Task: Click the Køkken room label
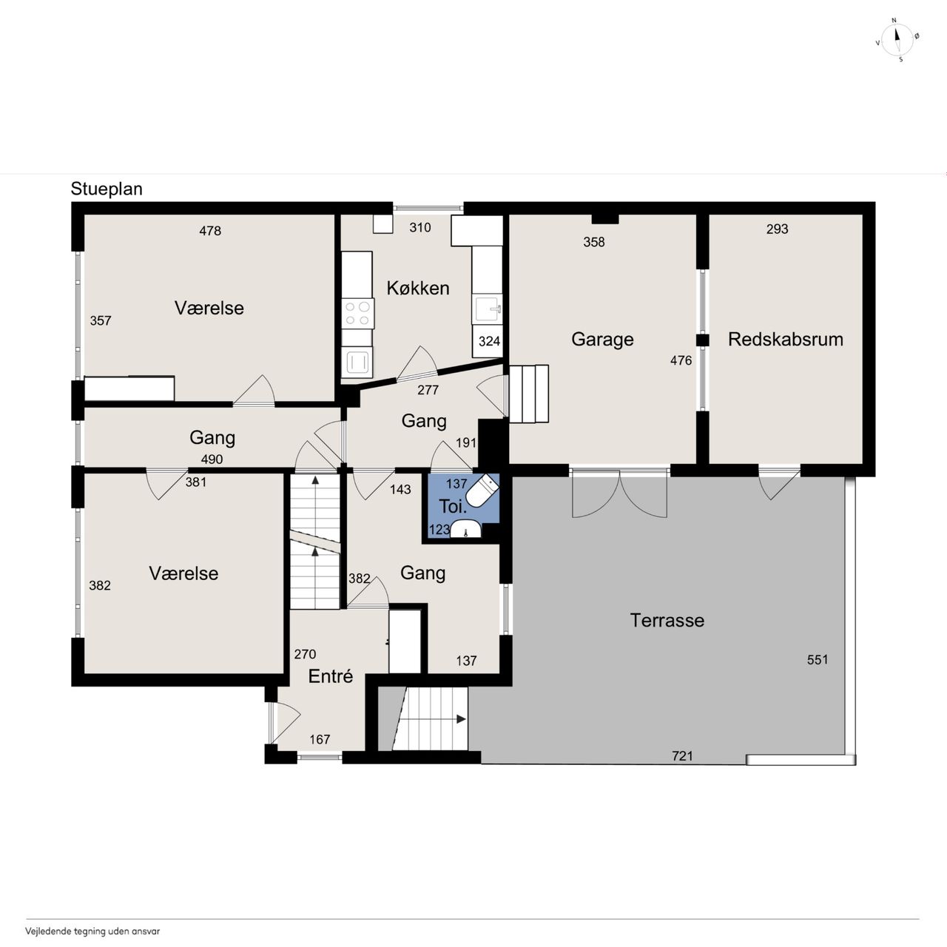pos(418,288)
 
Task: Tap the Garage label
pos(602,340)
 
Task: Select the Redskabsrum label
pos(785,339)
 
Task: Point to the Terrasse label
pos(667,620)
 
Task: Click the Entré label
pos(330,676)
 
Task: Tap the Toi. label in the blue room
pos(453,506)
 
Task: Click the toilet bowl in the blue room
pos(482,490)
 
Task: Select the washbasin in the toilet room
pos(466,529)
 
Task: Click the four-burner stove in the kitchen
pos(358,314)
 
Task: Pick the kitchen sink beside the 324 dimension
pos(488,309)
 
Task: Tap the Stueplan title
pos(107,189)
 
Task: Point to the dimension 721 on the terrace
pos(682,756)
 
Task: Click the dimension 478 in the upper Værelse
pos(210,231)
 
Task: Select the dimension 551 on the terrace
pos(818,659)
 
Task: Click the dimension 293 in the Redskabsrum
pos(777,229)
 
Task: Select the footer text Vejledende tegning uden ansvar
pos(92,931)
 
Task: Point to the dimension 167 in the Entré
pos(320,740)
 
